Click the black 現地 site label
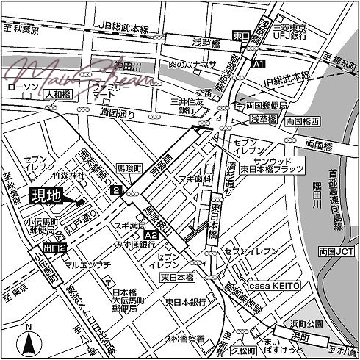(46, 196)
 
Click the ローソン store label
(21, 87)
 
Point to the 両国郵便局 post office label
(253, 106)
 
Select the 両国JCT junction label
(340, 251)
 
